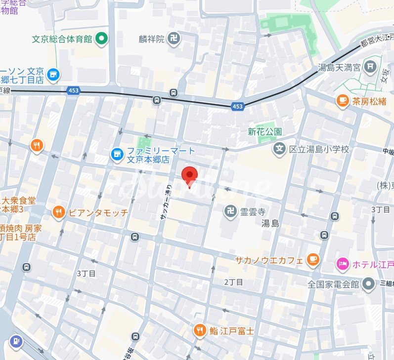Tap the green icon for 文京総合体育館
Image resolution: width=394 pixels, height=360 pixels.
point(102,38)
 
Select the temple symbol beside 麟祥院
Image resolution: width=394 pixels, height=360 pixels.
point(174,39)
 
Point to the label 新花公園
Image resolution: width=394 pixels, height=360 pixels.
point(265,132)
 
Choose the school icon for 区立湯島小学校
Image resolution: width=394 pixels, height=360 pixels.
point(280,149)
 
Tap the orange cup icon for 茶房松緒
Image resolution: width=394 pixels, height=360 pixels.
point(342,101)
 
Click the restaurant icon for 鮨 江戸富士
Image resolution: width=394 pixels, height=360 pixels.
point(200,330)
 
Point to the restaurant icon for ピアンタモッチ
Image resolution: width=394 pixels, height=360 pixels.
point(59,212)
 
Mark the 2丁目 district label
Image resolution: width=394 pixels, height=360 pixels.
point(233,282)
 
